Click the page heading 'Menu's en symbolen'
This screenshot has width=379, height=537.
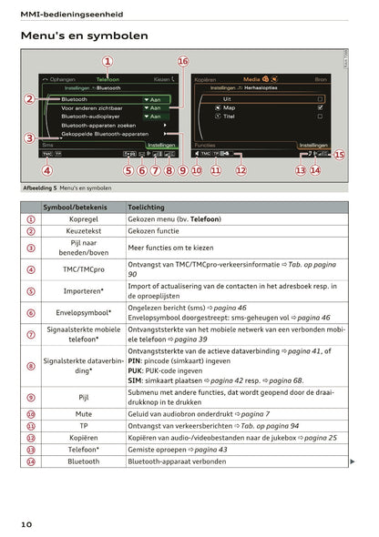[x=84, y=35]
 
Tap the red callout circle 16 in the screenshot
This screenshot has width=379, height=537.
[x=183, y=62]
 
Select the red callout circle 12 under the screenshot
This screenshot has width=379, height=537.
[x=241, y=169]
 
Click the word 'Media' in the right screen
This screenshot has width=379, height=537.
[x=251, y=79]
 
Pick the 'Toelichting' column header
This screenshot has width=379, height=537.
[x=147, y=208]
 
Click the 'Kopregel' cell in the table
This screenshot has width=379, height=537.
[x=83, y=220]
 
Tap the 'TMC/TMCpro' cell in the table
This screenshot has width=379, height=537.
[x=83, y=269]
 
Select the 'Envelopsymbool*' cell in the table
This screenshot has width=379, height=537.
[x=83, y=312]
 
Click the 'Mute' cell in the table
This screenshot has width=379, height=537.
[x=83, y=414]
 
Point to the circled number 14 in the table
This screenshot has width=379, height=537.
[x=30, y=461]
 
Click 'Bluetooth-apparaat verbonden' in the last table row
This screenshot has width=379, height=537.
[x=178, y=461]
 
